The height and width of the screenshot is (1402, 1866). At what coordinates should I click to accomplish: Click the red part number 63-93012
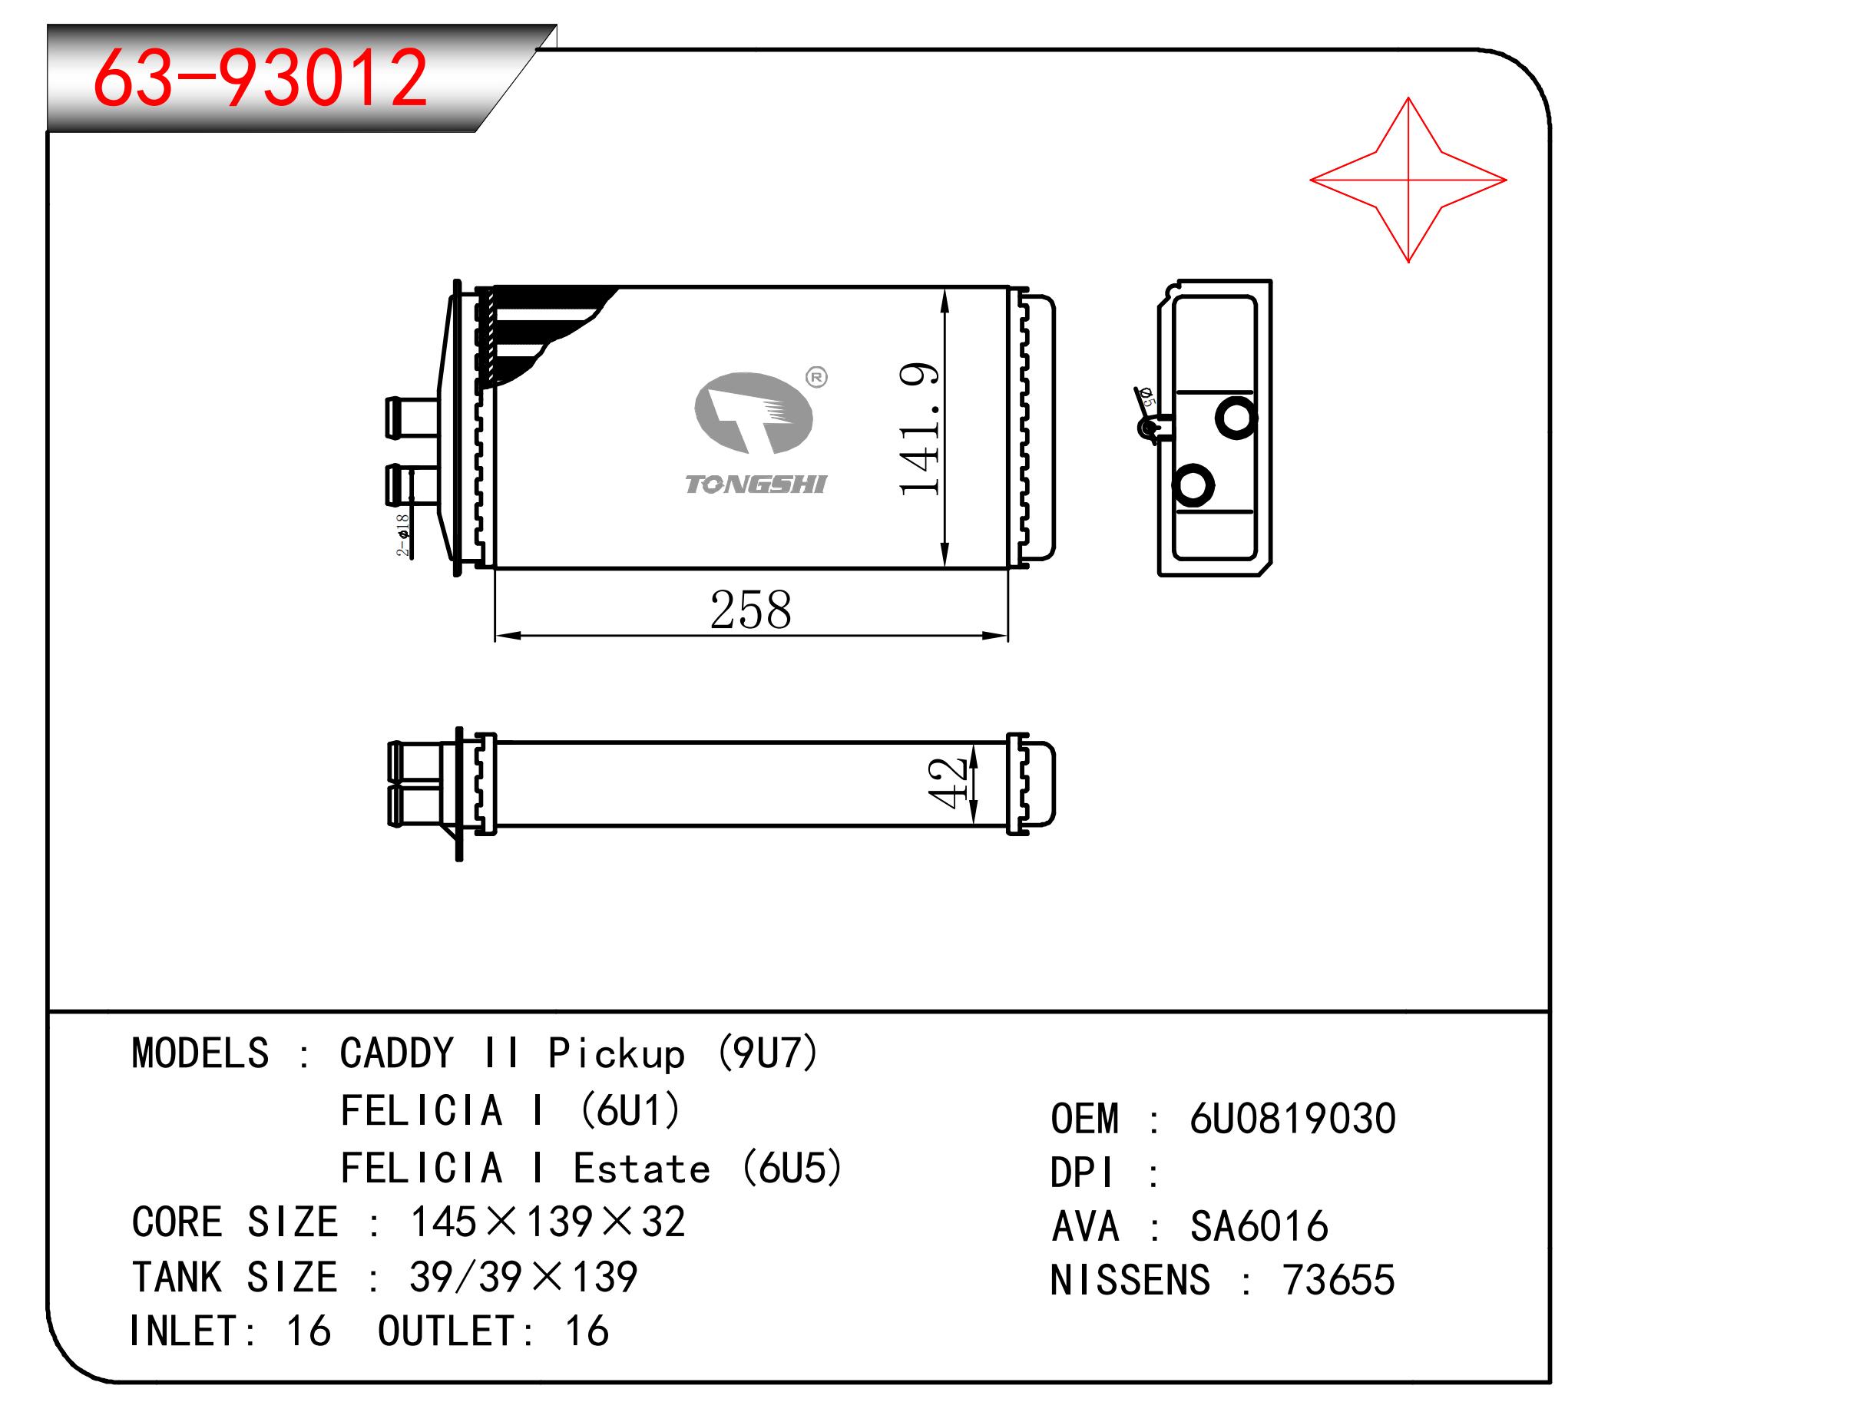260,78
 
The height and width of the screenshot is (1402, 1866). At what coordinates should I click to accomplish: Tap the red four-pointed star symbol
1407,180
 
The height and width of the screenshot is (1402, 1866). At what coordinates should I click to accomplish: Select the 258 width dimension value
750,610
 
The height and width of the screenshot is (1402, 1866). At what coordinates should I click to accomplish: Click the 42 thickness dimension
947,783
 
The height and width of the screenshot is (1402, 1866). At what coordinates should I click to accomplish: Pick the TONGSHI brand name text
756,484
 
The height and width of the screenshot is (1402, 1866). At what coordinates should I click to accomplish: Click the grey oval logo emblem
753,413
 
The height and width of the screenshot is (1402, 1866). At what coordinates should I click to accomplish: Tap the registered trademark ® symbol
816,377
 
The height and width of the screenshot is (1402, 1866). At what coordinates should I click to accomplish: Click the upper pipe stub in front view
412,417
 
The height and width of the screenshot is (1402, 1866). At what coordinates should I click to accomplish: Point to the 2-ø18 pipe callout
403,535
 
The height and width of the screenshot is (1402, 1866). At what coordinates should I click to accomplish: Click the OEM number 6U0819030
1292,1119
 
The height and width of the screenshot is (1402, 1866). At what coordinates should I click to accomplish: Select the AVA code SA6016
1259,1226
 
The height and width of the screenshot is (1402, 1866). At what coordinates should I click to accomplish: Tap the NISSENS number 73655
1338,1281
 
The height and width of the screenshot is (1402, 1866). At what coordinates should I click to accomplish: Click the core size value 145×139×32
548,1222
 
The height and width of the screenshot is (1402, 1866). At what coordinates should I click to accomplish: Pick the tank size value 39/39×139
523,1277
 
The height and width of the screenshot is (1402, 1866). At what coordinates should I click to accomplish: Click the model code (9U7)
767,1053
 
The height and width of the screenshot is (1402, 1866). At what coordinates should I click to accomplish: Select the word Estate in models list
641,1169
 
